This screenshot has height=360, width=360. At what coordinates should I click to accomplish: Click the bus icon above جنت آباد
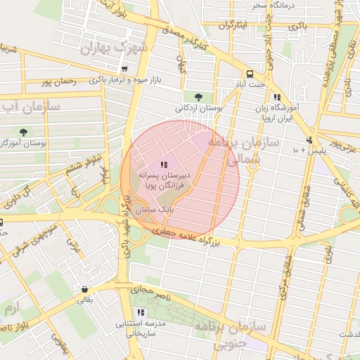click(x=250, y=75)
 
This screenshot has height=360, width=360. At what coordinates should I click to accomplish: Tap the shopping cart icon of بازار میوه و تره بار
click(x=124, y=69)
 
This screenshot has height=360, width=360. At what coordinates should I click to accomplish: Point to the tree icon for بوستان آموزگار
click(x=24, y=131)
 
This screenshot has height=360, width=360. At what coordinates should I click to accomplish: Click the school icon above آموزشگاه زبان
click(x=277, y=97)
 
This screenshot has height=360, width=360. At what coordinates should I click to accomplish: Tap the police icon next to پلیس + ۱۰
click(x=309, y=140)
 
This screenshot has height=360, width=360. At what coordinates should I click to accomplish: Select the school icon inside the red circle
click(x=165, y=165)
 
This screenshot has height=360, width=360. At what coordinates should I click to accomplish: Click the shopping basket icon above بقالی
click(x=84, y=289)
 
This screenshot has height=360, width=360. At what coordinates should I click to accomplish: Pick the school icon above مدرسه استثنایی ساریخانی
click(x=141, y=311)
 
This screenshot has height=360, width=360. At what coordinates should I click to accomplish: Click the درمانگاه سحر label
click(x=270, y=6)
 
